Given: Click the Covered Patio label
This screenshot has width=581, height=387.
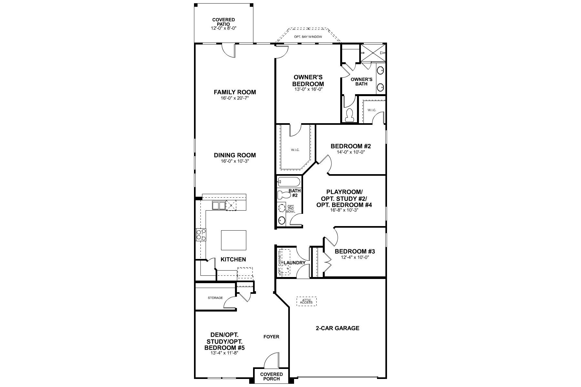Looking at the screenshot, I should [223, 22].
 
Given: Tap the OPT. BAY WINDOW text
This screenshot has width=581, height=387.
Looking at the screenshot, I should [308, 37].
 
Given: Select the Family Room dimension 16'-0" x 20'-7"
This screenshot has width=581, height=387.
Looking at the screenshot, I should [235, 98].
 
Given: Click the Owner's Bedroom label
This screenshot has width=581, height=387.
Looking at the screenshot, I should [308, 80].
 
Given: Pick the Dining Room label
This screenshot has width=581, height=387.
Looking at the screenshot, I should [235, 155].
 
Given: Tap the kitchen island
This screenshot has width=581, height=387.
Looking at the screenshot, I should [233, 240].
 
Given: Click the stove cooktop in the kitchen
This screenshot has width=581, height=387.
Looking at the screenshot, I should [201, 234].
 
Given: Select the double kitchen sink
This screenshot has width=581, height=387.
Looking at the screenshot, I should [219, 205].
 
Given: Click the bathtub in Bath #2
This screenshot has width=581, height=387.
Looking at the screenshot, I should [289, 182].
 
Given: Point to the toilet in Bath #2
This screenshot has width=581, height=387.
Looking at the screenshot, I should [284, 195].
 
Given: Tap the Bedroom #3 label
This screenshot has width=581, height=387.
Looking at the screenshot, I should [354, 252].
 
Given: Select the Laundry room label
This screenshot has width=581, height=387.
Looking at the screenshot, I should [294, 263].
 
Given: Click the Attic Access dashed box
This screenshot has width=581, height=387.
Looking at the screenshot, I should [306, 301].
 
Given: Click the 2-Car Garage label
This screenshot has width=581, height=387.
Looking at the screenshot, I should [337, 328].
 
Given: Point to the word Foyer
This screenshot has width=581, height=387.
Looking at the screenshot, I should [271, 337].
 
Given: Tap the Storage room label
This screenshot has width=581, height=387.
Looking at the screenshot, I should [215, 298].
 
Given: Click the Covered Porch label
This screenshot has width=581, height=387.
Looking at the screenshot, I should [271, 376].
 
